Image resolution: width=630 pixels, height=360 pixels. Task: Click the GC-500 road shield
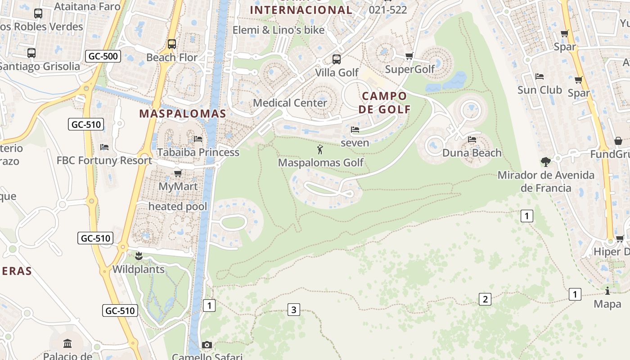103,56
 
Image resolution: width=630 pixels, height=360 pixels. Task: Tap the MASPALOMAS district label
182,113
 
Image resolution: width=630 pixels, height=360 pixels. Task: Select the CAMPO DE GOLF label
384,103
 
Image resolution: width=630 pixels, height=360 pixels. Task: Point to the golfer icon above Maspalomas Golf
320,149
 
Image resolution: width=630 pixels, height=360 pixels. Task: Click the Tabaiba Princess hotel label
198,152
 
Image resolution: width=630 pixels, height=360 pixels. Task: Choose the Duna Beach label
472,153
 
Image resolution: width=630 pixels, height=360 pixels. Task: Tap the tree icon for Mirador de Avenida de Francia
546,162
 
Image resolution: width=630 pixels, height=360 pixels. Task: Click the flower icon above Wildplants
139,256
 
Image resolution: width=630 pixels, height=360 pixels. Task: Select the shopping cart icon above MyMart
178,173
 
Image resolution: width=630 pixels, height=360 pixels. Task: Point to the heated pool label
178,207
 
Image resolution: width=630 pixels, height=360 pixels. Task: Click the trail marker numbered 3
294,310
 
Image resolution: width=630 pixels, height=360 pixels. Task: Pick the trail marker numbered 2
485,299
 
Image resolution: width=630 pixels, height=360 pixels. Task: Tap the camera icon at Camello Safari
207,345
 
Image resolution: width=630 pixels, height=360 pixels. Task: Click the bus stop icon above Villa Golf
337,59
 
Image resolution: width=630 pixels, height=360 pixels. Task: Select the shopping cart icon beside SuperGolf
409,56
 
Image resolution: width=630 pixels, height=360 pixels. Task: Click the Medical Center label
290,103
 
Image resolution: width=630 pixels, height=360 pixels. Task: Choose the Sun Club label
540,90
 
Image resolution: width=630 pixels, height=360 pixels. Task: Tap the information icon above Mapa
607,291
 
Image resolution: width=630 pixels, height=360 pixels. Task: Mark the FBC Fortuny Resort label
104,161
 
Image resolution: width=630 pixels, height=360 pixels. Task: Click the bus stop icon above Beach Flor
171,44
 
